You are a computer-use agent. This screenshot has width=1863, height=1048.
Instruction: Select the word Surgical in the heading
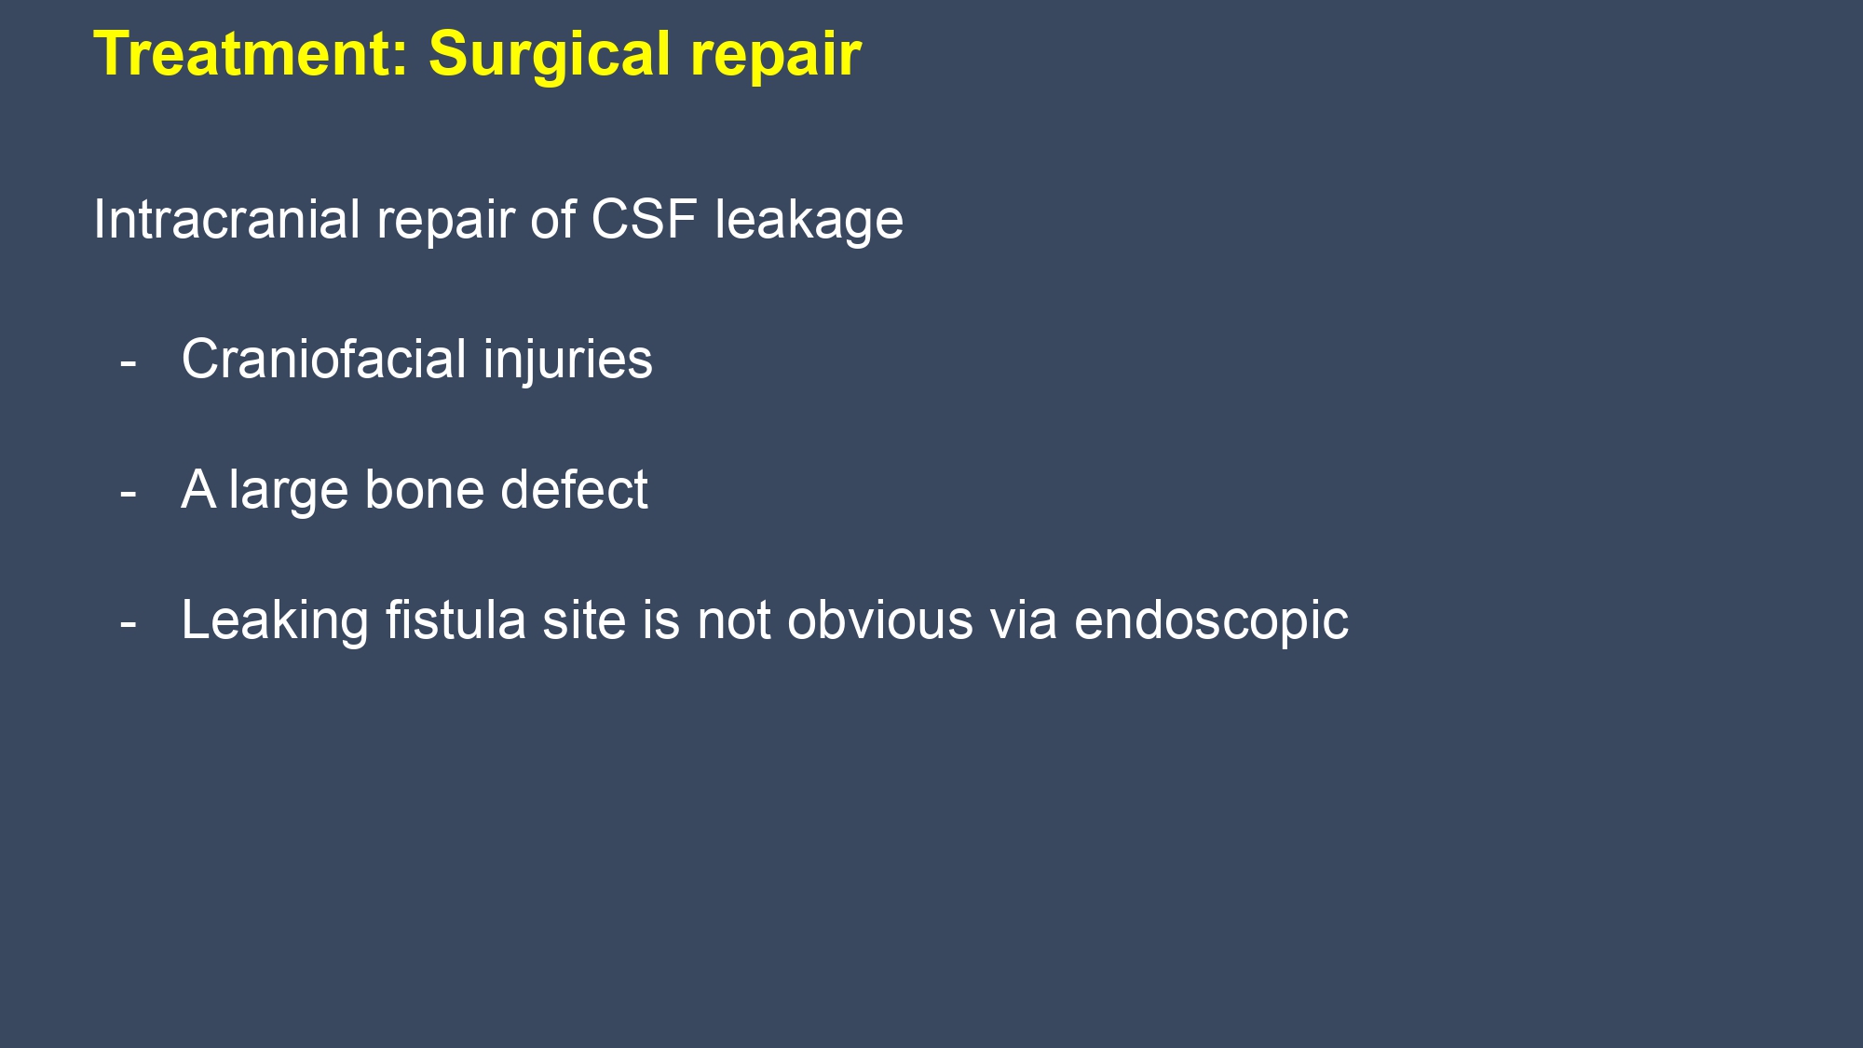tap(550, 54)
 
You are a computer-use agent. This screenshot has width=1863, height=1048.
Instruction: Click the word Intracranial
tap(226, 220)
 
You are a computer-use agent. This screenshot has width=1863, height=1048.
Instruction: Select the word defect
tap(574, 490)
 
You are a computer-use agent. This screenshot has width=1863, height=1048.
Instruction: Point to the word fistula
tap(456, 620)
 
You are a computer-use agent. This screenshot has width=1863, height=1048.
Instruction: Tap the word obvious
tap(879, 620)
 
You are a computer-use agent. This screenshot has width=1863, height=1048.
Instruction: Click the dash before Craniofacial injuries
tap(129, 362)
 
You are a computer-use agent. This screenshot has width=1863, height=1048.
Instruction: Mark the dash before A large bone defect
tap(129, 493)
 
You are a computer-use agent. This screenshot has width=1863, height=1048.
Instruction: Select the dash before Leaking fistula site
tap(129, 623)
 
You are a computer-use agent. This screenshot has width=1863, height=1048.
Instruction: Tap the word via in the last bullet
tap(1023, 620)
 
